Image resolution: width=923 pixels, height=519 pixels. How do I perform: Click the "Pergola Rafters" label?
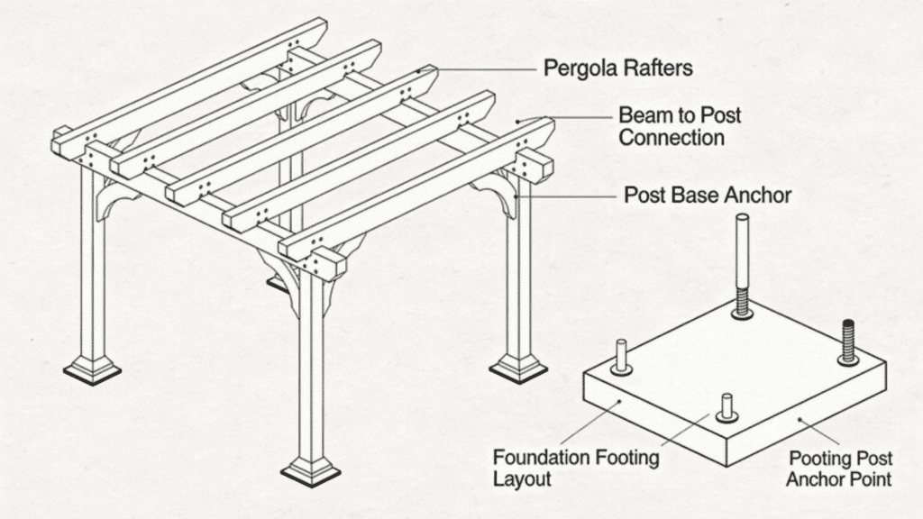pyautogui.click(x=618, y=68)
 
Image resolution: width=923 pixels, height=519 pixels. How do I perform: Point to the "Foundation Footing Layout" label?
pyautogui.click(x=575, y=468)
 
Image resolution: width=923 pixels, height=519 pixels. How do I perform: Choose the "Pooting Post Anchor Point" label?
pyautogui.click(x=838, y=468)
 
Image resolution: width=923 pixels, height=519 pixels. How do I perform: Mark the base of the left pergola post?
pyautogui.click(x=91, y=369)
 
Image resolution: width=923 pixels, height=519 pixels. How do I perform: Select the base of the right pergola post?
pyautogui.click(x=518, y=367)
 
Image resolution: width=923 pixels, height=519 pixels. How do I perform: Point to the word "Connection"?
pyautogui.click(x=672, y=139)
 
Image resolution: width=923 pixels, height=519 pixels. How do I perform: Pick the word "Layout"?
pyautogui.click(x=522, y=478)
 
